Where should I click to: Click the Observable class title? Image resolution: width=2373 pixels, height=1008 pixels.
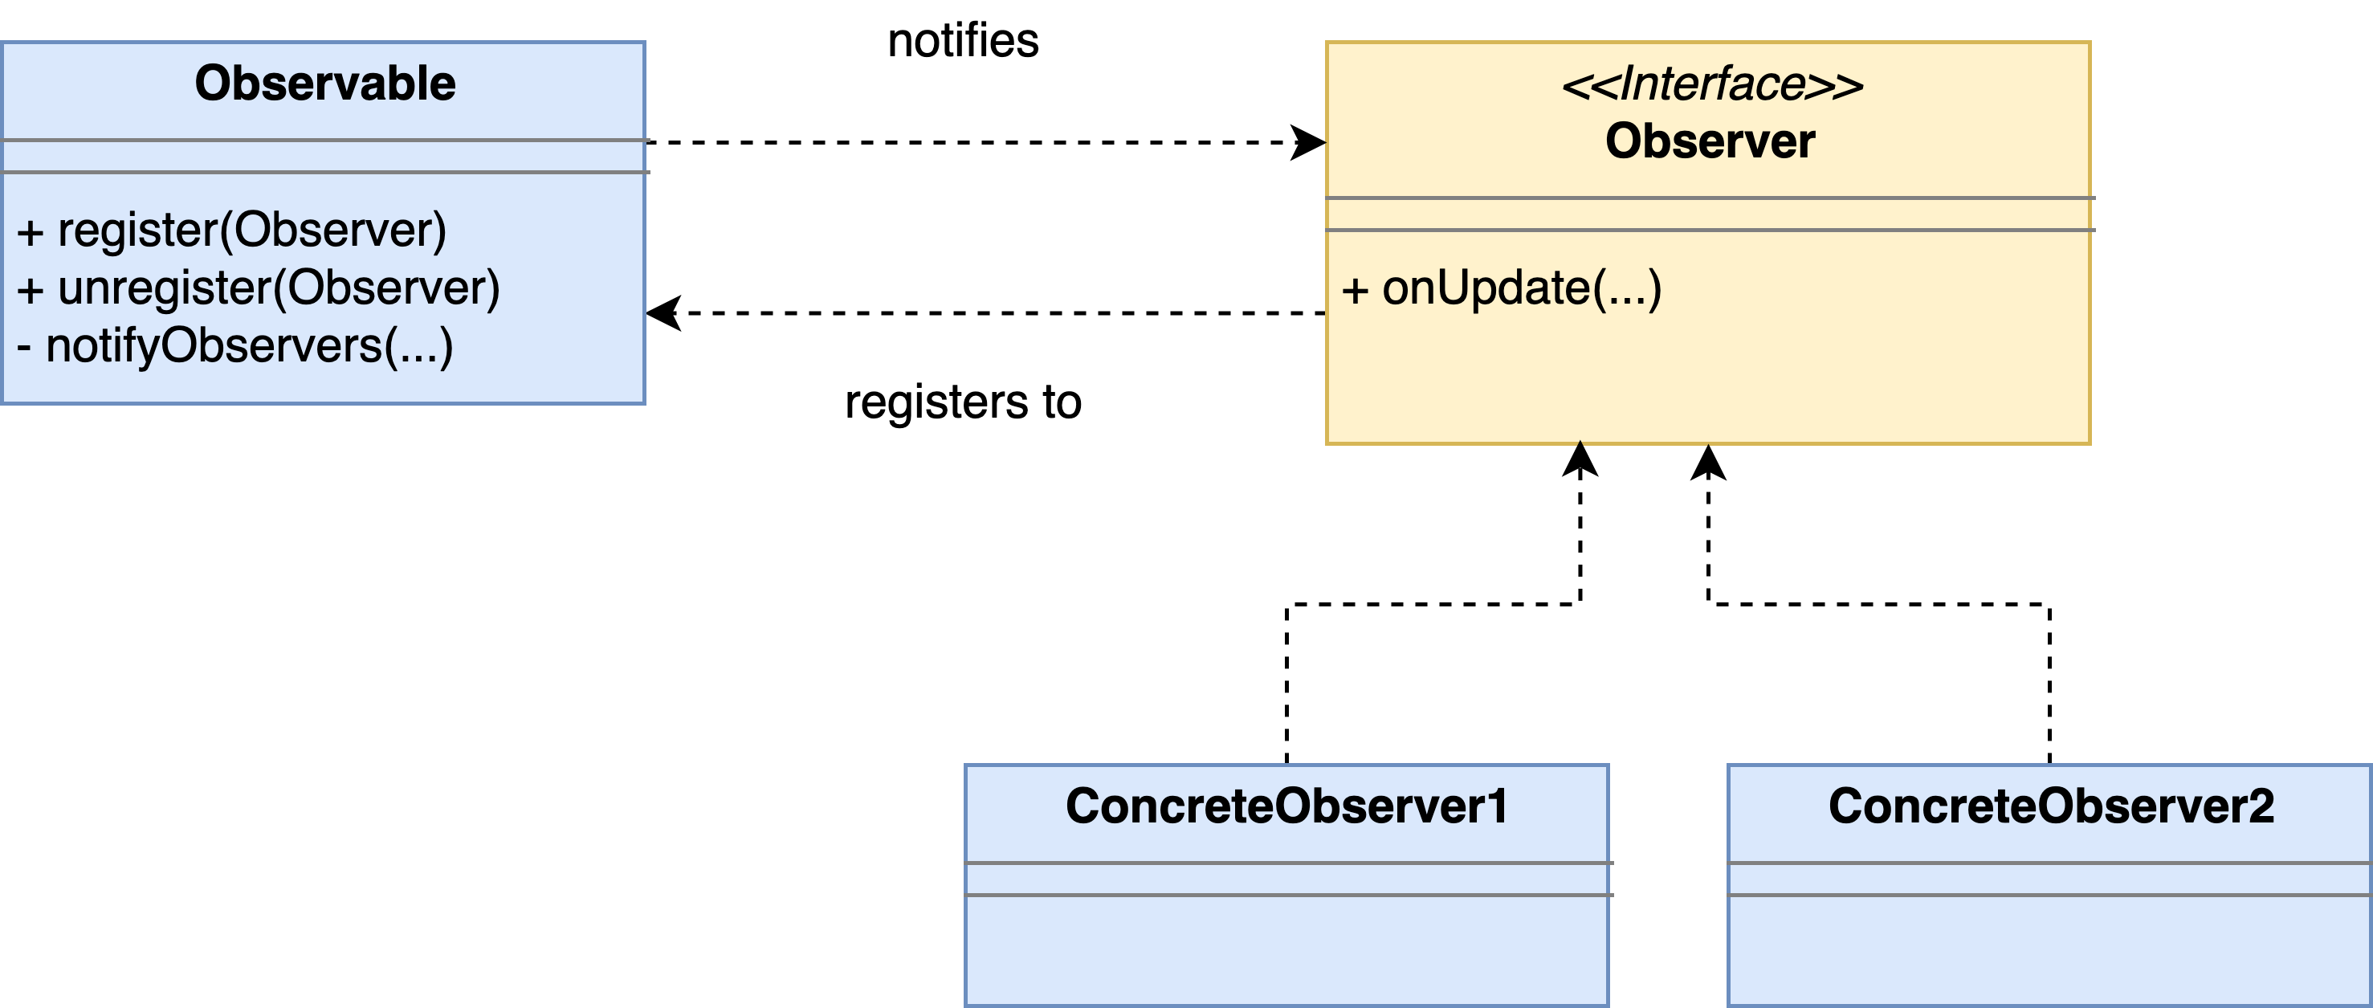325,83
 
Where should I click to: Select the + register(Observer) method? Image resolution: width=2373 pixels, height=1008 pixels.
231,231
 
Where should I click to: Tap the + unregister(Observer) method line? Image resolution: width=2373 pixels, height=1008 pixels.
259,288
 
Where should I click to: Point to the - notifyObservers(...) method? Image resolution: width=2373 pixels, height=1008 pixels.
235,346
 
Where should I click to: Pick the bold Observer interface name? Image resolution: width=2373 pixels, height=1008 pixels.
1710,141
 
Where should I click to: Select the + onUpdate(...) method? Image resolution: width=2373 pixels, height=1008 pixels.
1502,288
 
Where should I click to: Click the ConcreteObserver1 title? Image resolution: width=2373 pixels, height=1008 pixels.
1287,806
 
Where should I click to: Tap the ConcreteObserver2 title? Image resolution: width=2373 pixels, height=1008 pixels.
2052,806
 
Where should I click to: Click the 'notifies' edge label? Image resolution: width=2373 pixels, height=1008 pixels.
964,42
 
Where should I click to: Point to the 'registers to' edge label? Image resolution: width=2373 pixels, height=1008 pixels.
964,402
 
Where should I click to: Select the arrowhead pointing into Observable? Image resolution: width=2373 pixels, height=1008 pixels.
664,313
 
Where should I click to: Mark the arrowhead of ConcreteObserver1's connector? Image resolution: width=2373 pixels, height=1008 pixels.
1580,459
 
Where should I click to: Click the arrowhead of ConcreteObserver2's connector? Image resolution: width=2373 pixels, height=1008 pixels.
1709,463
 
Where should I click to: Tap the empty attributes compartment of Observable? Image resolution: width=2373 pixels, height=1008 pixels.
324,157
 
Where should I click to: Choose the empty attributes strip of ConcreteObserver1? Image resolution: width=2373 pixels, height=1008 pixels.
1287,879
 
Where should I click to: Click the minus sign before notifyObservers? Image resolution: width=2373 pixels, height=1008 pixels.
24,349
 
